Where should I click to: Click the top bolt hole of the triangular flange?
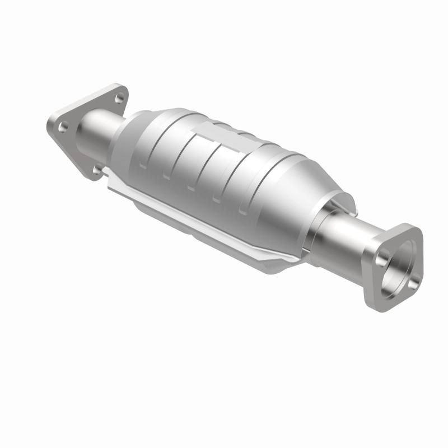119,99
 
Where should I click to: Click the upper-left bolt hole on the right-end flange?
384,258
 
